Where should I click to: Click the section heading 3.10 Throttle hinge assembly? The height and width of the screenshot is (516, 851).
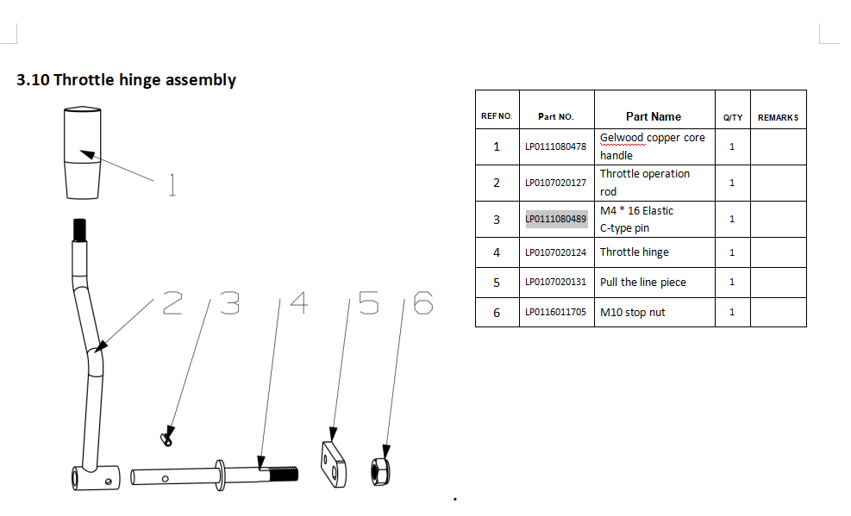point(126,80)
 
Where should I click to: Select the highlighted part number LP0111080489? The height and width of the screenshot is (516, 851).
point(556,219)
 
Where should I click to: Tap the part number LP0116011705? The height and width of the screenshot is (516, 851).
point(556,312)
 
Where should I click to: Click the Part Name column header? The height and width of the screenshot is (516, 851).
point(654,116)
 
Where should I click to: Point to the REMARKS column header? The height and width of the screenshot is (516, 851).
point(779,118)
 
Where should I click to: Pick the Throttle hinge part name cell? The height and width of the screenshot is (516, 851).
point(635,252)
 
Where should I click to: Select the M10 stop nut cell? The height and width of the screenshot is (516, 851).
point(632,312)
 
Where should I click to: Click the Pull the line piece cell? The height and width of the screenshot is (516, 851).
point(643,283)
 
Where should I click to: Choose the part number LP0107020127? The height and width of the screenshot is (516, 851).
point(556,183)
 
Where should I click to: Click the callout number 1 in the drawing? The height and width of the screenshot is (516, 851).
point(172,185)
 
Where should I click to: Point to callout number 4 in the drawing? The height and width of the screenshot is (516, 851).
point(299,302)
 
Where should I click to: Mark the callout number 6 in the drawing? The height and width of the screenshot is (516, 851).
point(423,302)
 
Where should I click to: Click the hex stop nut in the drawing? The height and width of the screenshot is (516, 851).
point(380,471)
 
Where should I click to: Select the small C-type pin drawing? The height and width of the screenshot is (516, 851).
point(167,438)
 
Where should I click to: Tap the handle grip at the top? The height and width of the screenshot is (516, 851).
point(83,152)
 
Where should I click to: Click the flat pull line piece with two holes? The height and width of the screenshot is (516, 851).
point(334,465)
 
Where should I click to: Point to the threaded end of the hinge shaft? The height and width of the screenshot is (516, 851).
point(284,475)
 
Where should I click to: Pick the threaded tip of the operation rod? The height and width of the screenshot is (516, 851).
point(80,230)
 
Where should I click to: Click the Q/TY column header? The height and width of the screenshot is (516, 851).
point(733,118)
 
